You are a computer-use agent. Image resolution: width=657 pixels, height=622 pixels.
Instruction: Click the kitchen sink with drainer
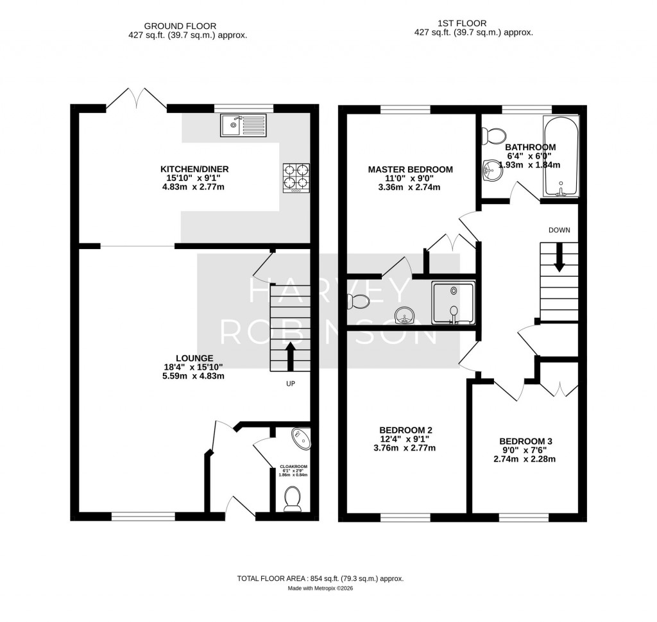243,125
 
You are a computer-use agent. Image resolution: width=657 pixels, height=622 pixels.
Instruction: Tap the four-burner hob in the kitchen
296,178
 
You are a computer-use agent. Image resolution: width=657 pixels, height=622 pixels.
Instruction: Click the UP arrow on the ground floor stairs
290,357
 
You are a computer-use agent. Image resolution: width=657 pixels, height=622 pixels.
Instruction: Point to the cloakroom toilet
293,499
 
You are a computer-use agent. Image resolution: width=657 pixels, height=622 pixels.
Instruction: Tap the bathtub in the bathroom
561,155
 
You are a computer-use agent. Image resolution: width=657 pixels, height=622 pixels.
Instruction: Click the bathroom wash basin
492,171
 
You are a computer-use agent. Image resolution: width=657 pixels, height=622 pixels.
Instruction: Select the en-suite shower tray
454,303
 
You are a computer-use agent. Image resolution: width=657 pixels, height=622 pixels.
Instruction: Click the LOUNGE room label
194,358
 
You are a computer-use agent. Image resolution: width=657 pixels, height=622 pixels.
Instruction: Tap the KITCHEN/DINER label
194,169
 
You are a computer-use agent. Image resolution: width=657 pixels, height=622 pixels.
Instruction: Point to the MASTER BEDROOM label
410,169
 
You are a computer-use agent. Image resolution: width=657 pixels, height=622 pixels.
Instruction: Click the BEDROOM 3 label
525,442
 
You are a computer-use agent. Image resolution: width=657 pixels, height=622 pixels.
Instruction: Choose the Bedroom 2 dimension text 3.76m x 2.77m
404,448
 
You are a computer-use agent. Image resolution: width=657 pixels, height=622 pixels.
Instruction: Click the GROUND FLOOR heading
180,26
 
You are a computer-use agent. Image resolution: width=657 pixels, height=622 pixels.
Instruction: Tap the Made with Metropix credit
321,588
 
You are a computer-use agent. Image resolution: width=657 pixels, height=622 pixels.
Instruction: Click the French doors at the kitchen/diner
136,99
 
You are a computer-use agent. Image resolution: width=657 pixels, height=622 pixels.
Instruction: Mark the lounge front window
143,516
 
